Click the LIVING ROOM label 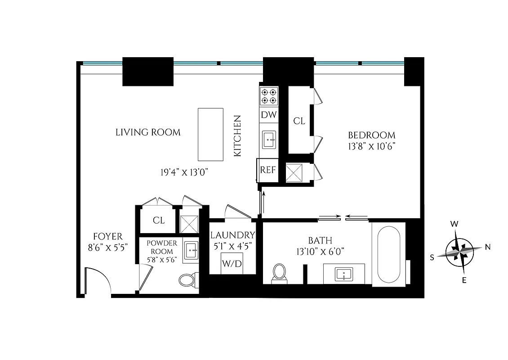[x=148, y=132]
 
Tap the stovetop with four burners [x=268, y=96]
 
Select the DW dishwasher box [x=268, y=115]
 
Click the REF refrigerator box [x=267, y=170]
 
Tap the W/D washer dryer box [x=232, y=263]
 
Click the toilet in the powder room [x=187, y=280]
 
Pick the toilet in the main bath [x=279, y=273]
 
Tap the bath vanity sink [x=344, y=274]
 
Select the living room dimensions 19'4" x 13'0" [x=184, y=172]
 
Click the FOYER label [x=107, y=236]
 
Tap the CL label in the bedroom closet [x=299, y=121]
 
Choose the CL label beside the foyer [x=159, y=220]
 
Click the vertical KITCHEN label [x=237, y=136]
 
